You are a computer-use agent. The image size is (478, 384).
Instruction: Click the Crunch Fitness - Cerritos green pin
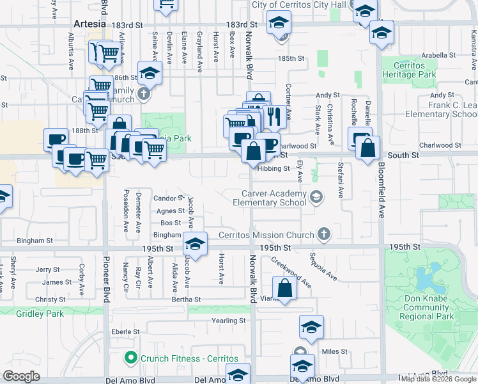(x=131, y=358)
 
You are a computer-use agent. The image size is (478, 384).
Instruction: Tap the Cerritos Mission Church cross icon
(x=324, y=234)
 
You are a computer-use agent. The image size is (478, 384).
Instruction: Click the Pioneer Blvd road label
(x=106, y=281)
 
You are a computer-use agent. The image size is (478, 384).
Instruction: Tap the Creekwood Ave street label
(x=291, y=272)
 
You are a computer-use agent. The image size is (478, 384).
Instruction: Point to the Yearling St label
(x=229, y=321)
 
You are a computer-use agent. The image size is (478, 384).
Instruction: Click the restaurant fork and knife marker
(x=274, y=116)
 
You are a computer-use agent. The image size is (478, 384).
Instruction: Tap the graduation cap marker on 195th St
(x=196, y=244)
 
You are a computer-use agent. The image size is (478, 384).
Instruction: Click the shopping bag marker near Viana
(x=284, y=288)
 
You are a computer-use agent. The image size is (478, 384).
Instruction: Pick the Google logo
(x=21, y=376)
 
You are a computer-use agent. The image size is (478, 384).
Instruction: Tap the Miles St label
(x=335, y=351)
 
